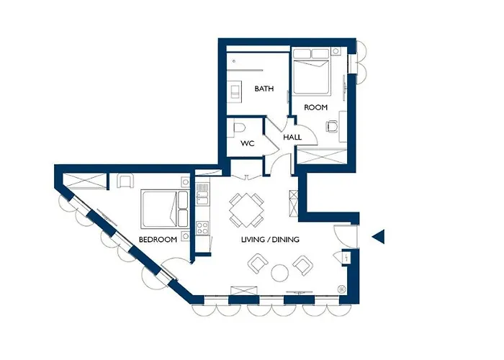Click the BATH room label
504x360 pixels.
click(x=264, y=89)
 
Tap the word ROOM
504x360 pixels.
click(x=315, y=107)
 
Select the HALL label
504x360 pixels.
click(x=292, y=137)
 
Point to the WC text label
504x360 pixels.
click(x=248, y=143)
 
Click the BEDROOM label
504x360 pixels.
click(x=158, y=239)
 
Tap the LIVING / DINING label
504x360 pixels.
click(x=270, y=239)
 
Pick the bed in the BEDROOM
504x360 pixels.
click(x=161, y=209)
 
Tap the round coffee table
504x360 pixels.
click(x=279, y=273)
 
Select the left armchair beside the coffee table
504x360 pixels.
click(x=257, y=265)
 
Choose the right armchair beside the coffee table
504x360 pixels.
click(x=302, y=266)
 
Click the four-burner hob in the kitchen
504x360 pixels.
click(x=202, y=230)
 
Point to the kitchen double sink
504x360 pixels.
click(x=202, y=193)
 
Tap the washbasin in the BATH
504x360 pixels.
click(x=235, y=91)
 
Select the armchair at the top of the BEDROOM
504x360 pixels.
click(x=125, y=181)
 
